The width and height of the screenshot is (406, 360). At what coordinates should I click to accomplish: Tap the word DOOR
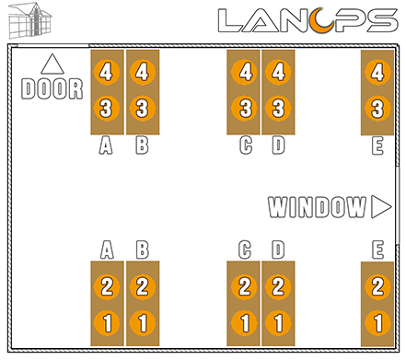coord(52,89)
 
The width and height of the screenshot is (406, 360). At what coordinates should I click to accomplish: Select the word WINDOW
coord(318,207)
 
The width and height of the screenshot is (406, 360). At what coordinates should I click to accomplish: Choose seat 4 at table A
coord(107,71)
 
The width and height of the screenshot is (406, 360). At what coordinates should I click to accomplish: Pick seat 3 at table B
coord(141,109)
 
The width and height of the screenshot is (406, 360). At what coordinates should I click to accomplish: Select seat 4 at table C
coord(245,71)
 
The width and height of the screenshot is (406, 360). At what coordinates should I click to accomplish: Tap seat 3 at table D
coord(279,109)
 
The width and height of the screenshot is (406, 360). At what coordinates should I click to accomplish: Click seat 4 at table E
coord(376,71)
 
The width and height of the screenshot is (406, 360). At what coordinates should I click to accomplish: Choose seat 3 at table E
coord(376,109)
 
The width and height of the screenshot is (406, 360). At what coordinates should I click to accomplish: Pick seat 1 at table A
coord(107,323)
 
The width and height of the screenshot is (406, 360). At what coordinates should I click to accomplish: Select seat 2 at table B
coord(142,285)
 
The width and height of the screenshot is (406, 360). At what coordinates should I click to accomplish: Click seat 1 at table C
coord(245,323)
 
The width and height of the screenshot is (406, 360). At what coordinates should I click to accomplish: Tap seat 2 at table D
coord(279,285)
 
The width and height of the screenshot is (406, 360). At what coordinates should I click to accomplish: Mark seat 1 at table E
coord(376,323)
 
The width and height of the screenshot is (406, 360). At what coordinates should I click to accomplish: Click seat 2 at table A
coord(107,285)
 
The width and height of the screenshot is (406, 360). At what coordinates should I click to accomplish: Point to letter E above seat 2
coord(377,250)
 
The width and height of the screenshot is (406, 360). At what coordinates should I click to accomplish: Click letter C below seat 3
coord(245,145)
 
